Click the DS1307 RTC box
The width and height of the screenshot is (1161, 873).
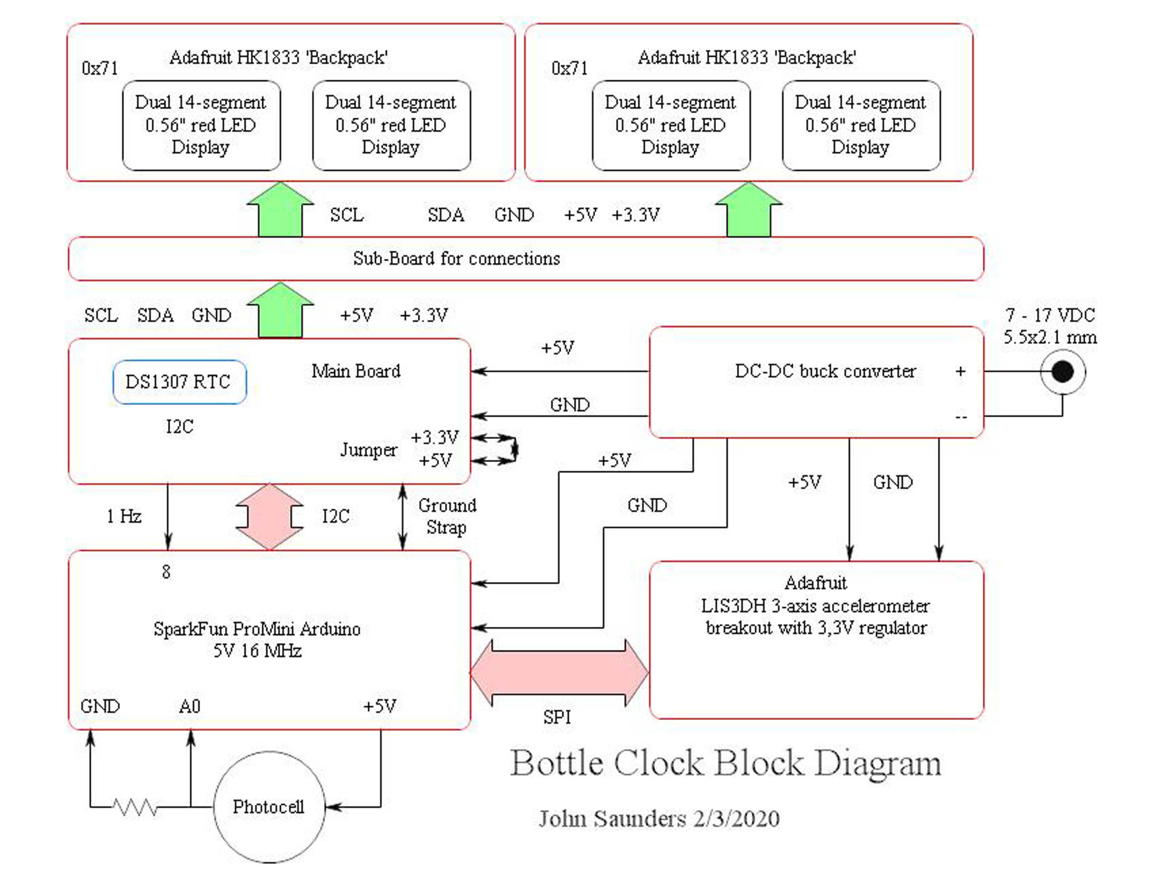coord(179,381)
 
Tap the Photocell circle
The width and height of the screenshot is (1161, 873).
coord(269,806)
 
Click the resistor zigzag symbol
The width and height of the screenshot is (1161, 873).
coord(135,807)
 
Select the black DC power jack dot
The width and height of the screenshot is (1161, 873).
coord(1062,371)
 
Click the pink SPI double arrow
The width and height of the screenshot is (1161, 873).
coord(559,672)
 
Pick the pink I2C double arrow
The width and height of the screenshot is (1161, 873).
coord(270,516)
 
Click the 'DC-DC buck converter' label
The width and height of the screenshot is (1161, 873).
coord(825,371)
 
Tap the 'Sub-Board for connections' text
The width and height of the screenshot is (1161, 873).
coord(457,258)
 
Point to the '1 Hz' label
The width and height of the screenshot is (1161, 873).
coord(124,516)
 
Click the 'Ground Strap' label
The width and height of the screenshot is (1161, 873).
coord(447,516)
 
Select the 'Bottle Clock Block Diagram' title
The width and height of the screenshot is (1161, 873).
coord(726,763)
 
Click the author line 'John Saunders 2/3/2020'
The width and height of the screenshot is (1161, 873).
coord(659,819)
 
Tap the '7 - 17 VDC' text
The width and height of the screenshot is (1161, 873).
coord(1050,315)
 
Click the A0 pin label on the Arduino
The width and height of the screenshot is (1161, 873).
coord(189,706)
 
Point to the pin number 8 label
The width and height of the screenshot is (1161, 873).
coord(166,571)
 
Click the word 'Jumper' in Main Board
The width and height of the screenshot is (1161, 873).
coord(368,450)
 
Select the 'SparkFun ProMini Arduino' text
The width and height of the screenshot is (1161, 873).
coord(257,629)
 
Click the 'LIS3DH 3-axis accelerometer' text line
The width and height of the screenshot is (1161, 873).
coord(815,605)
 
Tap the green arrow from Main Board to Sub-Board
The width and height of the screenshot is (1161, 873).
coord(281,310)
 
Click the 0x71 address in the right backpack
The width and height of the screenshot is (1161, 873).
coord(569,68)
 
